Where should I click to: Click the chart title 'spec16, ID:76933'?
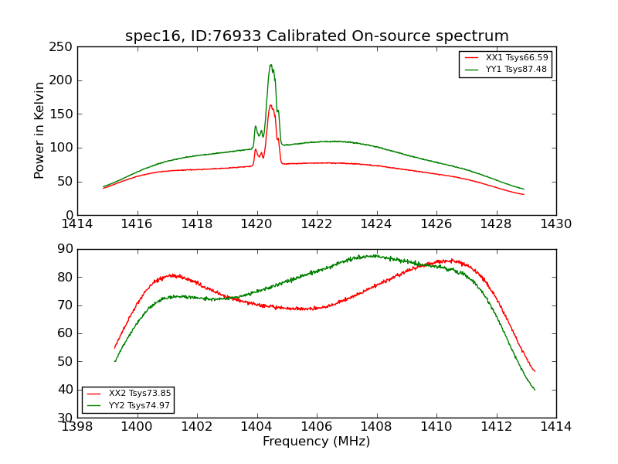coord(317,36)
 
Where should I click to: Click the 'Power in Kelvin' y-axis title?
coord(39,131)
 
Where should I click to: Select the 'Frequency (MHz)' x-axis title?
coord(317,442)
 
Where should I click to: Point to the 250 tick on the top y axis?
coord(63,47)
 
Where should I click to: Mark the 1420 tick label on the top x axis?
coord(257,224)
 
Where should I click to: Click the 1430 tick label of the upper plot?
coord(556,224)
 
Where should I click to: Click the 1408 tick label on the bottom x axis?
coord(377,426)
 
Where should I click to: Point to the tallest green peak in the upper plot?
coord(270,65)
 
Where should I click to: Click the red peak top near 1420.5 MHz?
coord(270,105)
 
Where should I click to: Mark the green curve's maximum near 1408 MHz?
coord(375,255)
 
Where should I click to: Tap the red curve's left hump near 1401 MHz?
coord(171,275)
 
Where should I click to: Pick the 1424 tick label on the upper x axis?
coord(377,224)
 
